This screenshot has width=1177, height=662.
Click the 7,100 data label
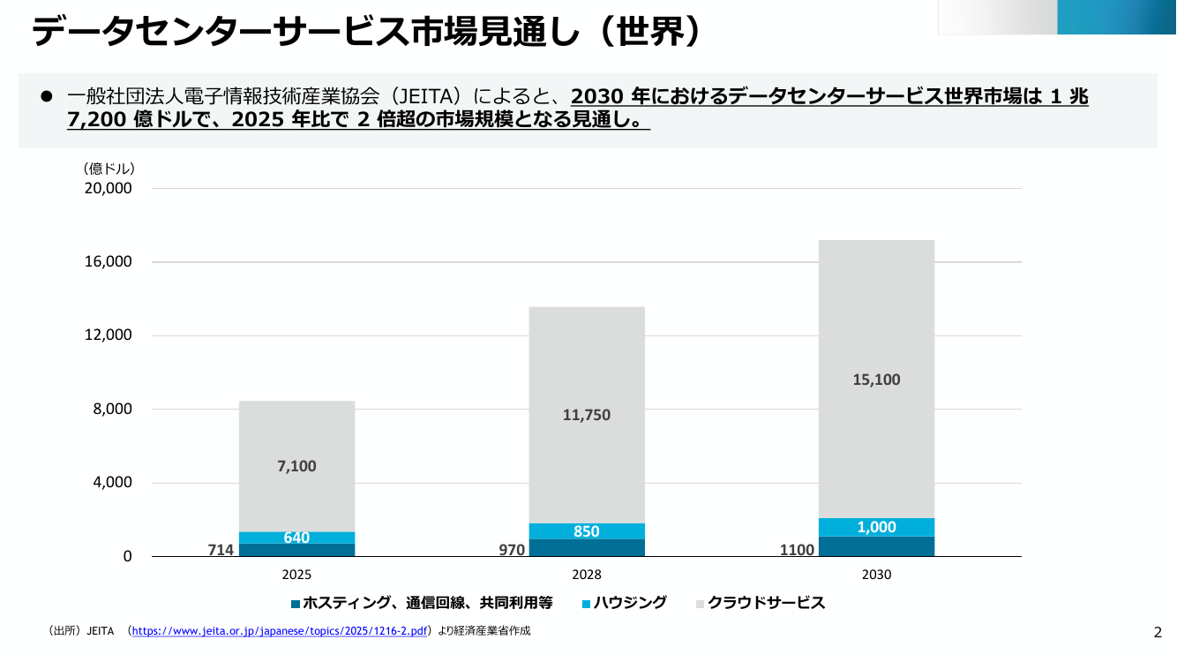(296, 466)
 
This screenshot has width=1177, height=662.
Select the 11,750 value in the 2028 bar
(587, 415)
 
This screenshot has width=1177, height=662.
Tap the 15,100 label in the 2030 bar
(876, 380)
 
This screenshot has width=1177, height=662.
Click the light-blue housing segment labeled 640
(296, 538)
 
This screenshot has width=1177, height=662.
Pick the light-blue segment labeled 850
(587, 531)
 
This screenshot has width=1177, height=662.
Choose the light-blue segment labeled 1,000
(876, 527)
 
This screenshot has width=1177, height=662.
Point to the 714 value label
(221, 550)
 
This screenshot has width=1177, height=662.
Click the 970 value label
(512, 550)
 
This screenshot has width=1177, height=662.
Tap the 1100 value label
(797, 550)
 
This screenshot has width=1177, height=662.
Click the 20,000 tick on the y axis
(109, 188)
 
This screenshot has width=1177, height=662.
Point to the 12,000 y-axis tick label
(109, 335)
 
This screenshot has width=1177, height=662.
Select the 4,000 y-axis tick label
(112, 482)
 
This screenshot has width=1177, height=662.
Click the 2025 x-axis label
(296, 575)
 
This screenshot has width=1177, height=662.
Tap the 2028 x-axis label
(587, 575)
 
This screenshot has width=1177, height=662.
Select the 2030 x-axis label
(876, 575)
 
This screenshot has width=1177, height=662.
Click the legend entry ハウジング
(625, 603)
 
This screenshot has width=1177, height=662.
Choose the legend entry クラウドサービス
(761, 603)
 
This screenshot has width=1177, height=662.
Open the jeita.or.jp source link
(279, 631)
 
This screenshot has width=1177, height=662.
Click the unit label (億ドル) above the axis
(109, 169)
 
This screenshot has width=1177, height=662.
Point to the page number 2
(1158, 633)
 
